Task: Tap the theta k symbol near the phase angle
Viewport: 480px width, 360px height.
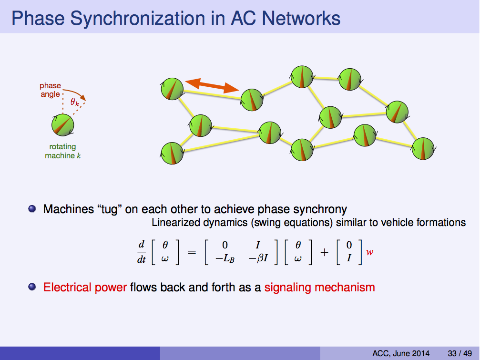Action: pos(74,102)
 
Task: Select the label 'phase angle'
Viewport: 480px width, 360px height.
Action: pos(50,90)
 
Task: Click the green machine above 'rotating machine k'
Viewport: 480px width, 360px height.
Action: pos(62,125)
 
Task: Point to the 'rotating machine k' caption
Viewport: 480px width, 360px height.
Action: pos(62,151)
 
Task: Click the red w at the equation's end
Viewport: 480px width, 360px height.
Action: pos(369,252)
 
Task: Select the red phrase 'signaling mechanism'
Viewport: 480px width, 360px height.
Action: pos(319,288)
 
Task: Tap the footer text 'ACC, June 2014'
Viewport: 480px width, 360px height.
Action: pos(401,353)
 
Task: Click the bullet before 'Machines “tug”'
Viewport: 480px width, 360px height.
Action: pos(32,209)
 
